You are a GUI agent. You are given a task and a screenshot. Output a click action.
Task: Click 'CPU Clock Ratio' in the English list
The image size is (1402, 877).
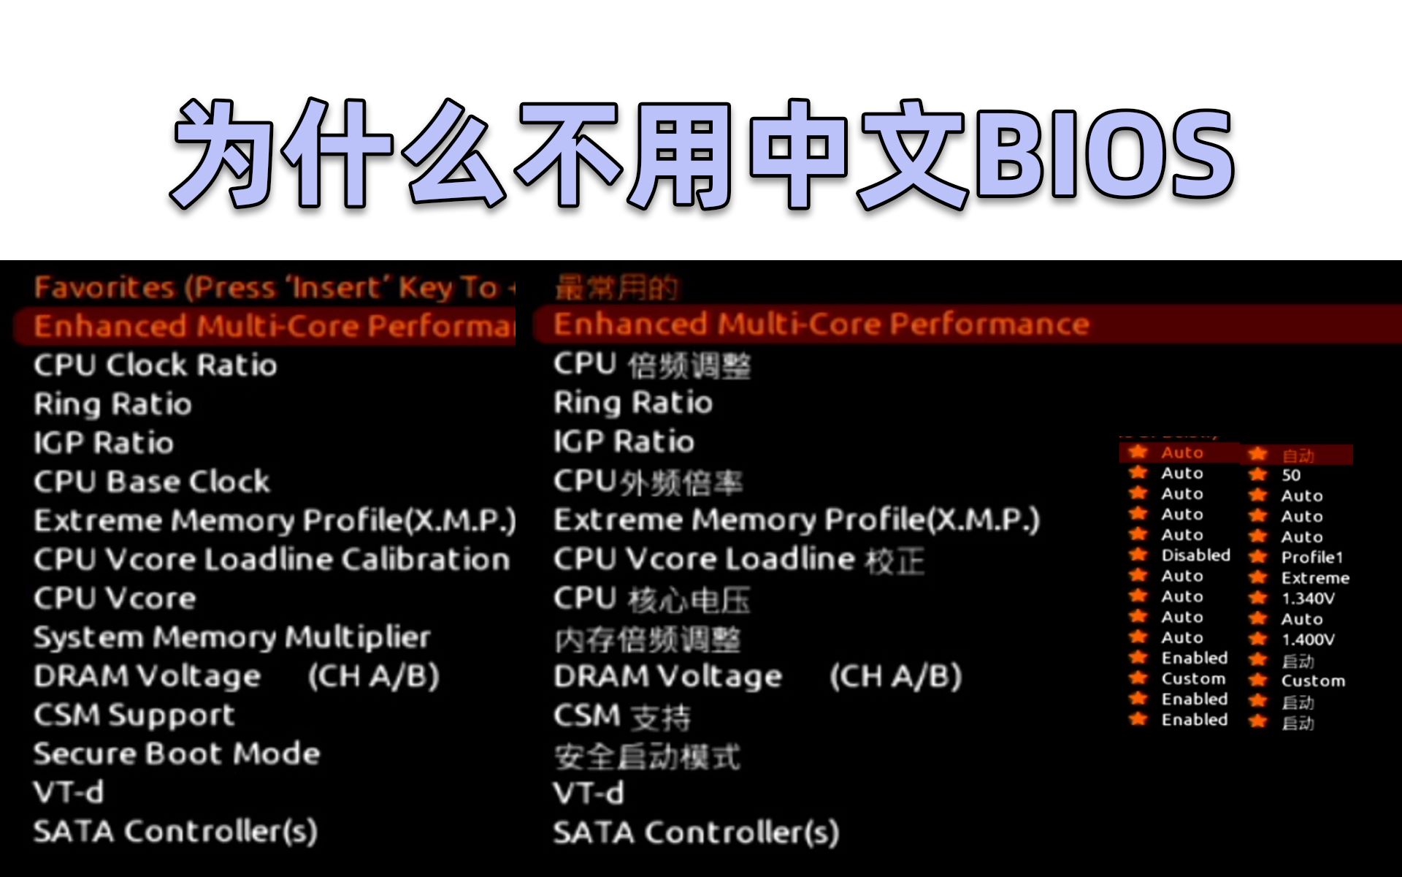coord(156,365)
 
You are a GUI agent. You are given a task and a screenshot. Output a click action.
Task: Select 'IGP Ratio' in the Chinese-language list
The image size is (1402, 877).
coord(624,441)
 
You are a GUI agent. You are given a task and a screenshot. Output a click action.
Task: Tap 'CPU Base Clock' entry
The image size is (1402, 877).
coord(152,482)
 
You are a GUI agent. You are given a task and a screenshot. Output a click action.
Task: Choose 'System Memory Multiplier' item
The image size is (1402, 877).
coord(232,637)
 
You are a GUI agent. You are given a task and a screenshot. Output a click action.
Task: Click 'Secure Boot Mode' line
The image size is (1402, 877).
coord(177,753)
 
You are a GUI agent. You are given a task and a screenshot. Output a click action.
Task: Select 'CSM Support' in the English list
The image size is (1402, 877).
coord(134,715)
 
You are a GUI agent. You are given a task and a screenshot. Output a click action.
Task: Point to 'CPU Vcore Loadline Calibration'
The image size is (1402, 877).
coord(272,559)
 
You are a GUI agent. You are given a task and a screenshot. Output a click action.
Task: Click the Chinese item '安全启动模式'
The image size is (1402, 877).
coord(647,756)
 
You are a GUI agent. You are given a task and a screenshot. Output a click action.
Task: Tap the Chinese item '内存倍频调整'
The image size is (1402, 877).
coord(647,641)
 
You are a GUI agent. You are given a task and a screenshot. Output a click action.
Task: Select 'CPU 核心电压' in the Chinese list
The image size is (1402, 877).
coord(651,599)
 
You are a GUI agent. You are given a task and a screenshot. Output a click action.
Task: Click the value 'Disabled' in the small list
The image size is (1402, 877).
coord(1195,555)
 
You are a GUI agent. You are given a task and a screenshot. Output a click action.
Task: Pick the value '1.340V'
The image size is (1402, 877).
coord(1308,599)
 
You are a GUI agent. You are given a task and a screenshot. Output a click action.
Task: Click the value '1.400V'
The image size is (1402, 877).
coord(1308,639)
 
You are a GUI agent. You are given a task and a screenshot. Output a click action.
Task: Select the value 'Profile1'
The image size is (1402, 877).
coord(1311,558)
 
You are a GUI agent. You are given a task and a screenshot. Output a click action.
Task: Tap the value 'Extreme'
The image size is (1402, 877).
coord(1315,578)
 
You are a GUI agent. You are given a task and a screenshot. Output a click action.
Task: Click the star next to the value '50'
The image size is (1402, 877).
coord(1257,475)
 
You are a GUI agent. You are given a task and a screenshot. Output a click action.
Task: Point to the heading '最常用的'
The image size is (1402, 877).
coord(616,288)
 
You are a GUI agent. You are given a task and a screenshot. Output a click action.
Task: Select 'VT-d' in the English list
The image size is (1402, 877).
coord(69,792)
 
